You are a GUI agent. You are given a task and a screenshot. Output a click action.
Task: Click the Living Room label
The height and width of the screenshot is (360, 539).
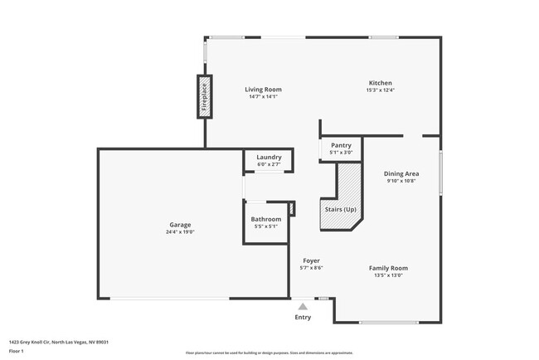[x=263, y=90]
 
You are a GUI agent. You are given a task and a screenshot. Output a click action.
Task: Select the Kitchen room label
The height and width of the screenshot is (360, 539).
[x=381, y=83]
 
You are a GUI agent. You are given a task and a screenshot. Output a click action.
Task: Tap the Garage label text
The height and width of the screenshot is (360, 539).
[x=181, y=225]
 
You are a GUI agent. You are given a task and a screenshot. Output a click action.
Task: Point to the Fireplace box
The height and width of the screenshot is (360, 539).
[x=203, y=95]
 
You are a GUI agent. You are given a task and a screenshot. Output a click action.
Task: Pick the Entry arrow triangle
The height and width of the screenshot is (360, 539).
[x=303, y=306]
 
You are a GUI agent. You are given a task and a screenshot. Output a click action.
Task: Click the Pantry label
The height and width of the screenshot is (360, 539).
[x=341, y=145]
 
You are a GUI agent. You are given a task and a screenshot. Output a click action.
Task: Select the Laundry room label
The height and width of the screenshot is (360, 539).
[x=269, y=157]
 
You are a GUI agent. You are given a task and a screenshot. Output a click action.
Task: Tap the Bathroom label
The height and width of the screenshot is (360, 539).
[x=266, y=219]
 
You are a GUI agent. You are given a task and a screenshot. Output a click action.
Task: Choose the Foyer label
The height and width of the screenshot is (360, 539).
[x=311, y=260]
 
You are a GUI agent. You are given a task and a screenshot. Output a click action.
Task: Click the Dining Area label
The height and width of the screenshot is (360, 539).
[x=401, y=174]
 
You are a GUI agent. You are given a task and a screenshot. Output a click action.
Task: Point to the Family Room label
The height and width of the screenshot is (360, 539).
[x=388, y=268]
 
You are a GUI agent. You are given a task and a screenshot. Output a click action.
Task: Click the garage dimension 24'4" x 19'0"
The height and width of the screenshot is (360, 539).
[x=181, y=232]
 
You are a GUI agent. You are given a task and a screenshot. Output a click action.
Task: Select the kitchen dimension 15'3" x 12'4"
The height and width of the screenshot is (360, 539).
[x=381, y=90]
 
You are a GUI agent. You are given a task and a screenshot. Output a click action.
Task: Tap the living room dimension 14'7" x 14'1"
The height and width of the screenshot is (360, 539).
[x=263, y=97]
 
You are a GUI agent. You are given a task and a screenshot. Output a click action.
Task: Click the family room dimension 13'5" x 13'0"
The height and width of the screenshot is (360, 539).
[x=388, y=275]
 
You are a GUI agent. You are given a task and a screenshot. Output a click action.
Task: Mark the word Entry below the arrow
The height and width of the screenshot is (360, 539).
[x=303, y=317]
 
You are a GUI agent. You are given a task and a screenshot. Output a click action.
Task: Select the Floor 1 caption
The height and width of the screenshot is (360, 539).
[x=17, y=351]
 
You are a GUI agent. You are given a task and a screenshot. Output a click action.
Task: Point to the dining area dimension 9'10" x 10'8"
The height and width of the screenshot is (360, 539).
[x=401, y=182]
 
